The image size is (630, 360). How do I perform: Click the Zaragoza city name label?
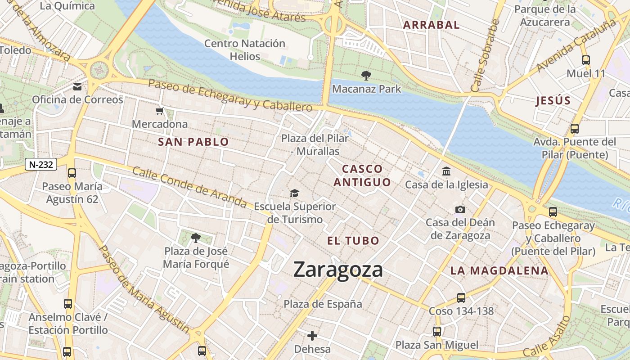tap(338, 270)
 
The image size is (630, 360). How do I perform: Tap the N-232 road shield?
tap(40, 165)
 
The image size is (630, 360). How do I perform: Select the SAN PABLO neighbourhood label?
tap(193, 142)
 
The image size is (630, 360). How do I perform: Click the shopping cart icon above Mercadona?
tap(159, 111)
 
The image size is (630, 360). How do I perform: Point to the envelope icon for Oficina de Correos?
tap(77, 87)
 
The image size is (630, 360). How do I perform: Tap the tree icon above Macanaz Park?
tap(366, 76)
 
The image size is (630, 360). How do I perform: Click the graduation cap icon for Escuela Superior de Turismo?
tap(294, 193)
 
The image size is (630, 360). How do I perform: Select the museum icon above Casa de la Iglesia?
tap(446, 171)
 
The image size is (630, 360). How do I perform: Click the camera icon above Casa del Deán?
tap(460, 209)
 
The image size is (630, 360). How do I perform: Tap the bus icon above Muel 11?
tap(586, 60)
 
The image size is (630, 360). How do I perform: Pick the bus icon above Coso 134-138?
tap(461, 297)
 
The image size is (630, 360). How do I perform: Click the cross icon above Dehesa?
tap(312, 336)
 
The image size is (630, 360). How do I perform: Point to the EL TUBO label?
tap(353, 241)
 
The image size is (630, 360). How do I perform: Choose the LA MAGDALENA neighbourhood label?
tap(499, 271)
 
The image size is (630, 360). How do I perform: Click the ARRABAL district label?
tap(431, 25)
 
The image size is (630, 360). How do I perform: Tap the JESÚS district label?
tap(553, 101)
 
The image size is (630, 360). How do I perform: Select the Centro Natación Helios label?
tap(245, 50)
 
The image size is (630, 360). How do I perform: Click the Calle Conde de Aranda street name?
tap(189, 188)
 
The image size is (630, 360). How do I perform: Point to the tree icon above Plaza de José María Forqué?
tap(195, 238)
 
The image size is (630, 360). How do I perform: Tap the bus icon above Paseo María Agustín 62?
tap(72, 173)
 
